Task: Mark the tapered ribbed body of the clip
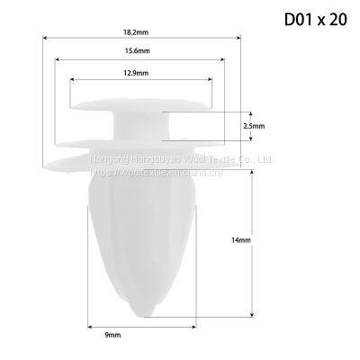tap(139, 234)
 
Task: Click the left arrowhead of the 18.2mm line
tap(45, 38)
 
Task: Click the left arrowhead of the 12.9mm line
tap(71, 79)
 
